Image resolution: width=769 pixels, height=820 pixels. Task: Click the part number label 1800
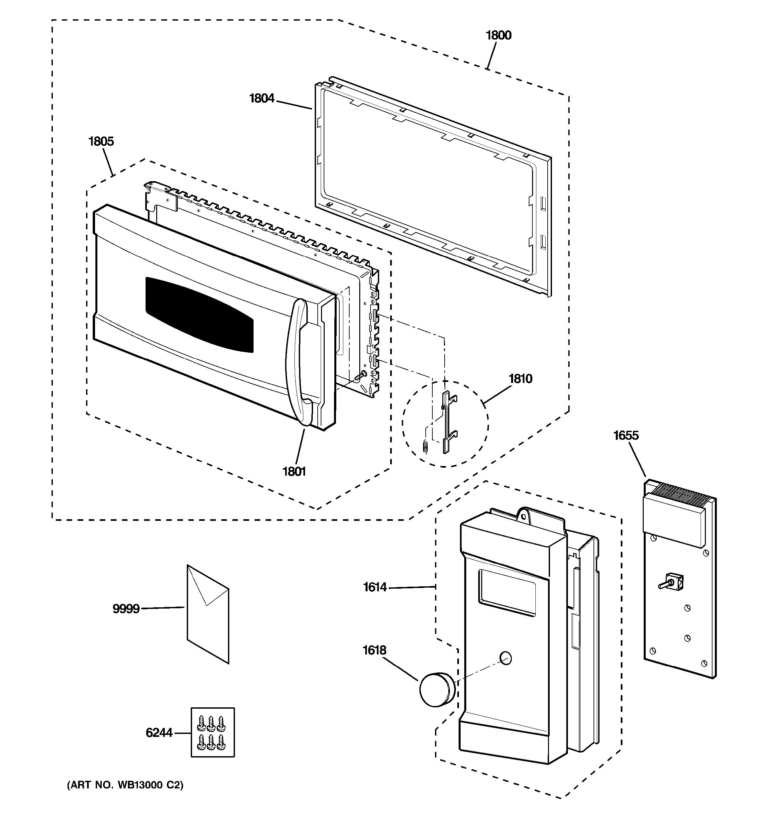498,36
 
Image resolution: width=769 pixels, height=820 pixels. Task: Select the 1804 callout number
262,99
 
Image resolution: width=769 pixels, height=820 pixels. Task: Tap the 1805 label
101,142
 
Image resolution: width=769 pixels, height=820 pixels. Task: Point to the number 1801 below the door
293,471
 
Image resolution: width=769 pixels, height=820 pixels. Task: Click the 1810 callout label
520,379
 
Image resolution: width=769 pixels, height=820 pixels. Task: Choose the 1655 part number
625,435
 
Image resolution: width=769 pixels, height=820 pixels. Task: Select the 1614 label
375,587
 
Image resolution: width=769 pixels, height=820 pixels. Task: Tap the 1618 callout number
374,650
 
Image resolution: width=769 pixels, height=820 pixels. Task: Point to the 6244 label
159,733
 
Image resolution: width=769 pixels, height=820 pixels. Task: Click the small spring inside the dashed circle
426,446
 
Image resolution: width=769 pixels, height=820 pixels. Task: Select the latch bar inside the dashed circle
447,422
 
